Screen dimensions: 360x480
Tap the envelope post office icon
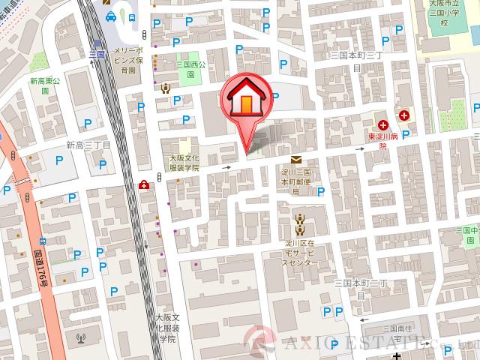(296, 159)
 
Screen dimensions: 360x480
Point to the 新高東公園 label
(44, 85)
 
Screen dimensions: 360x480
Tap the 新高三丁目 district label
(88, 145)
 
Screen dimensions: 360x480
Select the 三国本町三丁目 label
(357, 61)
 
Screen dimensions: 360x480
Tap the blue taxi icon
(111, 17)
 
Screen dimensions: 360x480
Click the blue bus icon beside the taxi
(132, 17)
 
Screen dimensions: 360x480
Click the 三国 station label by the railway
(96, 55)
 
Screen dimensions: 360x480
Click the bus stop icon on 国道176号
(42, 241)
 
